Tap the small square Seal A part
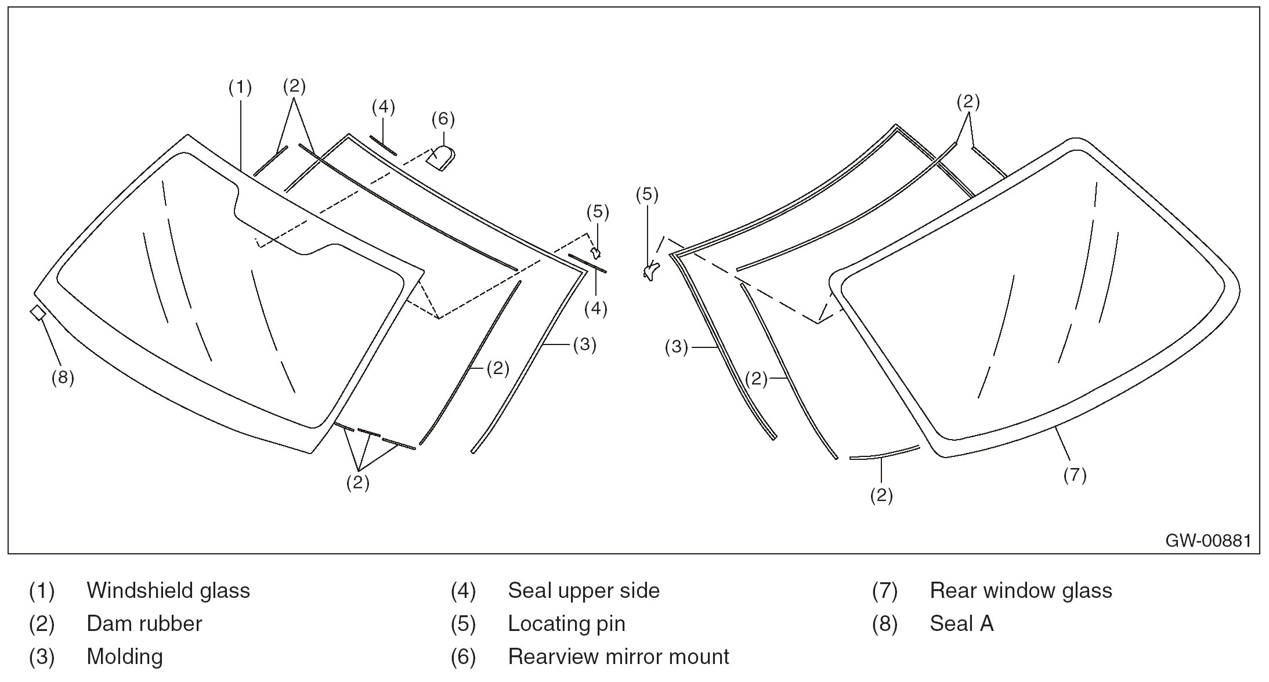[x=38, y=313]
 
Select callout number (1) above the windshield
[x=240, y=88]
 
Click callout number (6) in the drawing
[x=443, y=119]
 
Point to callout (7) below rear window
[x=1075, y=475]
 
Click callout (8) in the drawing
[x=63, y=378]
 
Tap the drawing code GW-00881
[x=1208, y=540]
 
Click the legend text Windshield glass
[x=168, y=590]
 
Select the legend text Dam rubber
[x=144, y=623]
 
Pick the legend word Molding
[x=125, y=656]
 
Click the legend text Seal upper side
[x=584, y=590]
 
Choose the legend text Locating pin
[x=566, y=623]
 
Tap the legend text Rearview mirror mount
[x=618, y=656]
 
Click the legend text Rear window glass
[x=1021, y=590]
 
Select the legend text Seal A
[x=961, y=623]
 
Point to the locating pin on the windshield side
[x=595, y=252]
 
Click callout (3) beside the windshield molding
[x=584, y=344]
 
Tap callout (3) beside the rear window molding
[x=676, y=347]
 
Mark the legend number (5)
[x=463, y=623]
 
